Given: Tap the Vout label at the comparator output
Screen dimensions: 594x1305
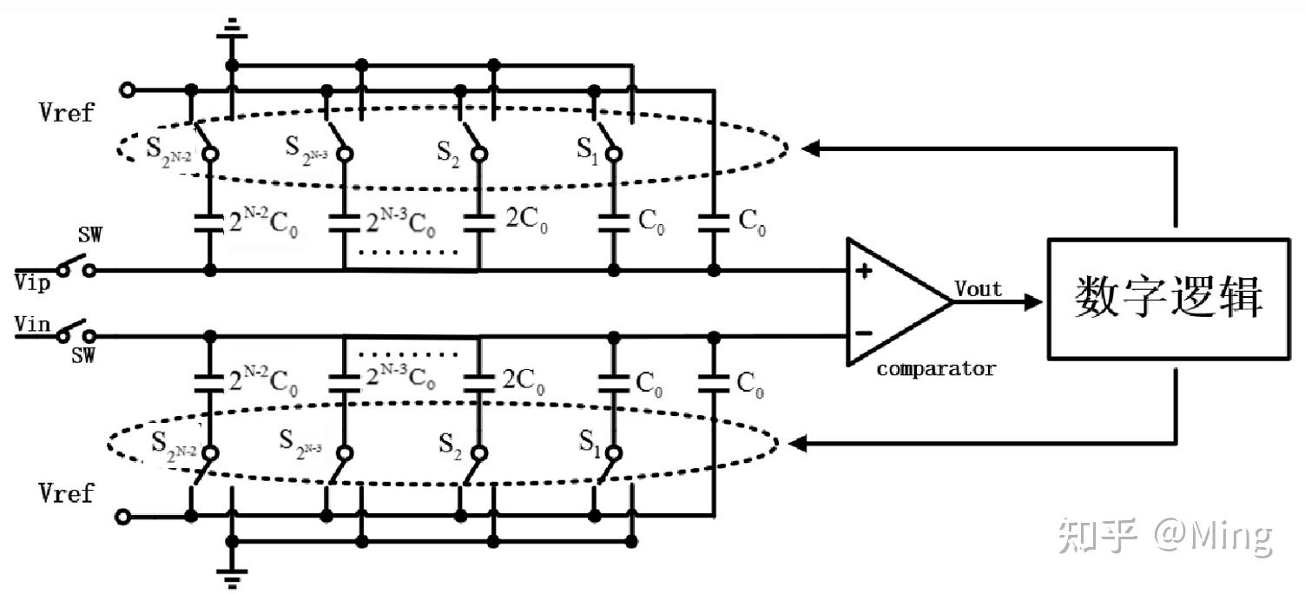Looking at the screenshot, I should tap(979, 288).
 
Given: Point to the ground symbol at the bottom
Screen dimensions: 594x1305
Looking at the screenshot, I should tap(231, 575).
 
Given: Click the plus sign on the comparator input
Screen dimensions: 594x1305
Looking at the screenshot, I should tap(863, 271).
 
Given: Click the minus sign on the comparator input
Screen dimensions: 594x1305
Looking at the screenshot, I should tap(863, 333).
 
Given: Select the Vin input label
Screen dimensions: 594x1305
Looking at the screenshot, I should tap(33, 324).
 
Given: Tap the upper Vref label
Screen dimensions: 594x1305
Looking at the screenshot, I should tap(66, 112).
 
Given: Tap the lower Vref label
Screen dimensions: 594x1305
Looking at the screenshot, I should tap(66, 493).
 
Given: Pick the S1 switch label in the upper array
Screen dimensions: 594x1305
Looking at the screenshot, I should tap(588, 148).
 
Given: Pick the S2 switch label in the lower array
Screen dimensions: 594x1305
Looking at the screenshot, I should tap(450, 444).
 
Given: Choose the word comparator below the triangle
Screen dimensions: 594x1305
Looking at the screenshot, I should tap(935, 368).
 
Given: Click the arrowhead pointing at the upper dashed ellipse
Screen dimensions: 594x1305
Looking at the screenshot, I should tap(809, 148).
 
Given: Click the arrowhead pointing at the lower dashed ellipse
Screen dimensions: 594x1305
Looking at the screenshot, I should tap(797, 445).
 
